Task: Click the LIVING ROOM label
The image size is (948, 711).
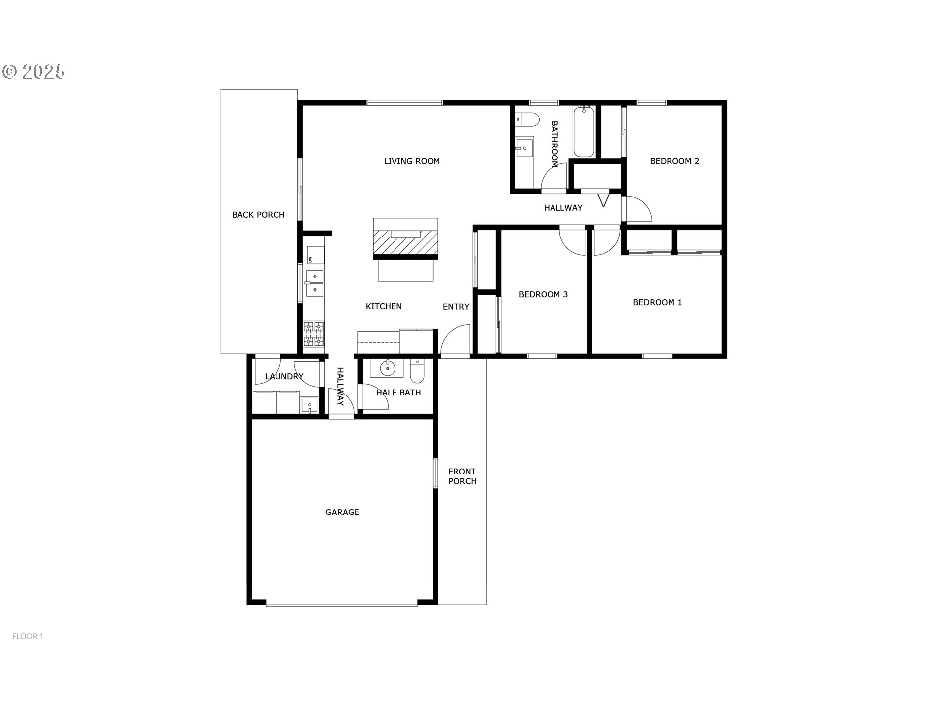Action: tap(412, 161)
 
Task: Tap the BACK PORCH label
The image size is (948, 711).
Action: tap(258, 215)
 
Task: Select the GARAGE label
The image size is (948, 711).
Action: tap(342, 513)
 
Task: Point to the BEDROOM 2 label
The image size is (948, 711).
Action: tap(674, 161)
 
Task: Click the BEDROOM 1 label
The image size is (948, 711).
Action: tap(658, 302)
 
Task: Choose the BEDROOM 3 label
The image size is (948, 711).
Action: tap(543, 295)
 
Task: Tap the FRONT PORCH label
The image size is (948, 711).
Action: tap(462, 476)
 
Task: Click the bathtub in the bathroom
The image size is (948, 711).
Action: tap(584, 132)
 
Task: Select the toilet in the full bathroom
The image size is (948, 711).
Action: tap(527, 120)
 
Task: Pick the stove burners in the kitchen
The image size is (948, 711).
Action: tap(314, 334)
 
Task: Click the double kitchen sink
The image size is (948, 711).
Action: tap(315, 283)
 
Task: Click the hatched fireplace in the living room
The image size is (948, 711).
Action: tap(405, 242)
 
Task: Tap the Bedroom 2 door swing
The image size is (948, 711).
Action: tap(638, 209)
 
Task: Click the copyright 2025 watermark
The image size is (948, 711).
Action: tap(34, 72)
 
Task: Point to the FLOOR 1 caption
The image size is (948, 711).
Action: tap(28, 637)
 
